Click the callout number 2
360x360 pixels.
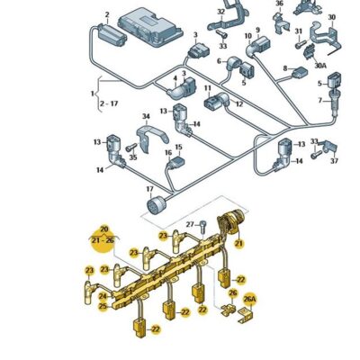pos(107,14)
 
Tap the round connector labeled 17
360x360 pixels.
pos(154,205)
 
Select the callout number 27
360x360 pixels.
pos(190,224)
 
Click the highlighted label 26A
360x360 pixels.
pos(250,299)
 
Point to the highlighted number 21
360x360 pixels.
pos(238,244)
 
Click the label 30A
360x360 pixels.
pos(320,65)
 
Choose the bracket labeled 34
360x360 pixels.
pos(151,138)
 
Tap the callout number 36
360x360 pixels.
pos(279,4)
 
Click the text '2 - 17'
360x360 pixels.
pos(109,103)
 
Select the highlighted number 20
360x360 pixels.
pos(103,229)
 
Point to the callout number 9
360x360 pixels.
pos(257,30)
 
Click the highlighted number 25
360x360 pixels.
pos(103,306)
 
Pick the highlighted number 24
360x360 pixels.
pos(103,296)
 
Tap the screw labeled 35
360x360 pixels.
pos(131,148)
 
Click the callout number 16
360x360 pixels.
pos(168,153)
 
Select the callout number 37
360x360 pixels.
pos(334,161)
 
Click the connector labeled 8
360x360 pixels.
pos(301,72)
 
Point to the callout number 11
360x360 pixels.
pos(208,88)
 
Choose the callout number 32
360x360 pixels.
pos(220,12)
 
